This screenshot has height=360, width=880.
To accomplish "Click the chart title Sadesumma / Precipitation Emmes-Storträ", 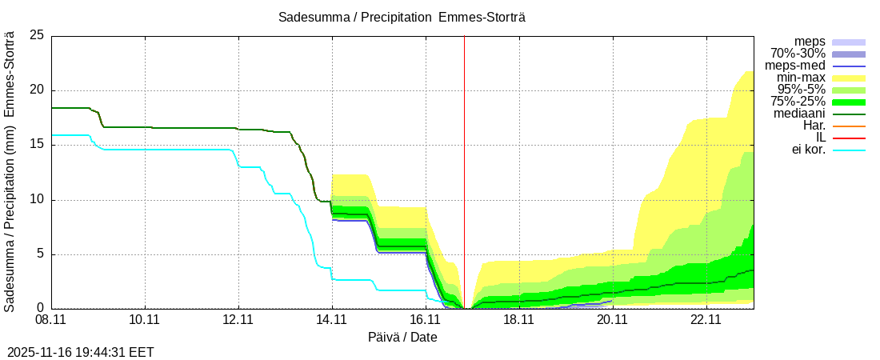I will click(402, 17).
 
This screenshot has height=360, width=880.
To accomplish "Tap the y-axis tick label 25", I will click(37, 36).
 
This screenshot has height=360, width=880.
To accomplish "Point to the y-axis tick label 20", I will click(37, 90).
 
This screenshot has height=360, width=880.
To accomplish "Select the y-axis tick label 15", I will click(37, 145).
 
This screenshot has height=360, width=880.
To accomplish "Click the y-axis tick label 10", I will click(37, 199).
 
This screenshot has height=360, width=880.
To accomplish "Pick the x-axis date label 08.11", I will click(51, 320).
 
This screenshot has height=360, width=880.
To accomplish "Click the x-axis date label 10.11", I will click(145, 320).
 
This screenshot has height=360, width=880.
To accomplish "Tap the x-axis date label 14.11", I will click(332, 320).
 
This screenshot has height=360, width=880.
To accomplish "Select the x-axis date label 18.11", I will click(519, 320).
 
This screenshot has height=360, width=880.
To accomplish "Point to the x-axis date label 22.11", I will click(706, 320).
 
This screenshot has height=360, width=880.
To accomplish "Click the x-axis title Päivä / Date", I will click(402, 337).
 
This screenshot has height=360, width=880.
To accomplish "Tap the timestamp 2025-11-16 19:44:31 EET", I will click(81, 352).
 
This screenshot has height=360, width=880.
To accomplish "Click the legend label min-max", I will click(801, 78).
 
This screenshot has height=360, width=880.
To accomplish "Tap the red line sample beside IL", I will click(849, 138).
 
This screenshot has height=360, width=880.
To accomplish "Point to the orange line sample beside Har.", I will click(849, 126).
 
